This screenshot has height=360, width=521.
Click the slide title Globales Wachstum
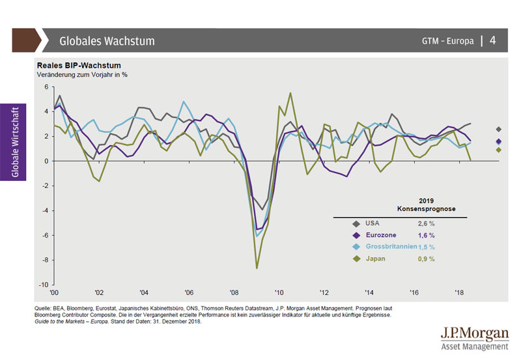(107, 41)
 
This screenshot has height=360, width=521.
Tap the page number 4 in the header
(493, 40)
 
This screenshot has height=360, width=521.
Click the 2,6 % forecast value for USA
(427, 223)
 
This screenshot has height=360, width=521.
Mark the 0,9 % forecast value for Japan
(427, 258)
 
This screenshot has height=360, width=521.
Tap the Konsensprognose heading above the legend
(427, 210)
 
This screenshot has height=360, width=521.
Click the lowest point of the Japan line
(257, 268)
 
